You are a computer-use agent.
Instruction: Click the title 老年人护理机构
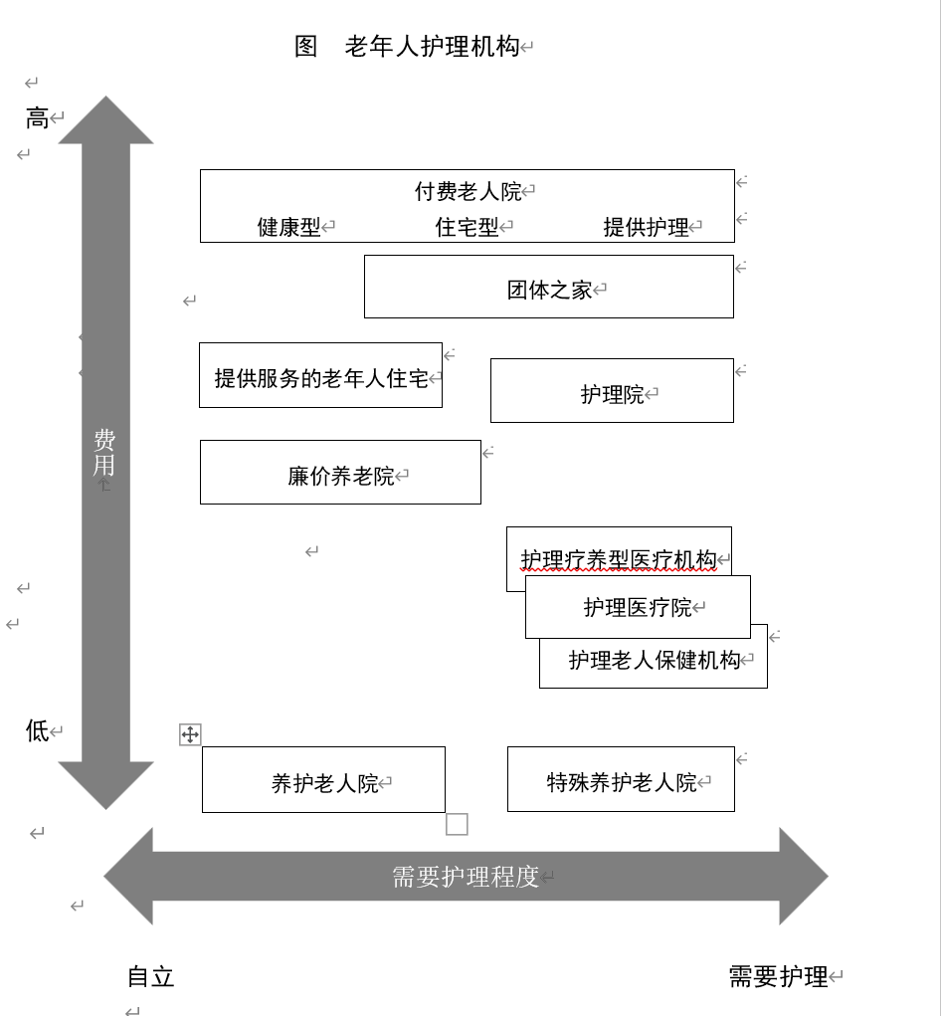click(432, 47)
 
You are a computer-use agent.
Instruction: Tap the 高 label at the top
click(37, 119)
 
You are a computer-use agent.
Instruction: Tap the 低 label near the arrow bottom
click(37, 731)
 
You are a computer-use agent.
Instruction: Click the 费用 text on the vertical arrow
click(104, 453)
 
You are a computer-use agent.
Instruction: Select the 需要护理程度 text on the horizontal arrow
click(465, 877)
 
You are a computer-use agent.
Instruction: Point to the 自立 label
click(151, 977)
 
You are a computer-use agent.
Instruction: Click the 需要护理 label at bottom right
click(778, 977)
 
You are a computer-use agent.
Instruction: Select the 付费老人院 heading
click(468, 191)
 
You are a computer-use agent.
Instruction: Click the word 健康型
click(288, 227)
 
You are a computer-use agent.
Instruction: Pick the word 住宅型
click(467, 227)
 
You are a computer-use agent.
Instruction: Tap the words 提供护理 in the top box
click(646, 227)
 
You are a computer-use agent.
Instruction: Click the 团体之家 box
click(549, 290)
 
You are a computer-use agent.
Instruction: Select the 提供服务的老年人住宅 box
click(320, 378)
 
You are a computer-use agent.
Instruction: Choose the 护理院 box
click(612, 394)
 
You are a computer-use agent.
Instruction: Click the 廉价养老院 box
click(340, 476)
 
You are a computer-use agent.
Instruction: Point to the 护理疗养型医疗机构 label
click(618, 559)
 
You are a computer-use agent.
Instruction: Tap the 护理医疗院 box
click(637, 607)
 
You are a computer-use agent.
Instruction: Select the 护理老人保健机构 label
click(654, 660)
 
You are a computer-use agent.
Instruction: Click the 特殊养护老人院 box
click(621, 783)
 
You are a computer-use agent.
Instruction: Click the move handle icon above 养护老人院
click(190, 735)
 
